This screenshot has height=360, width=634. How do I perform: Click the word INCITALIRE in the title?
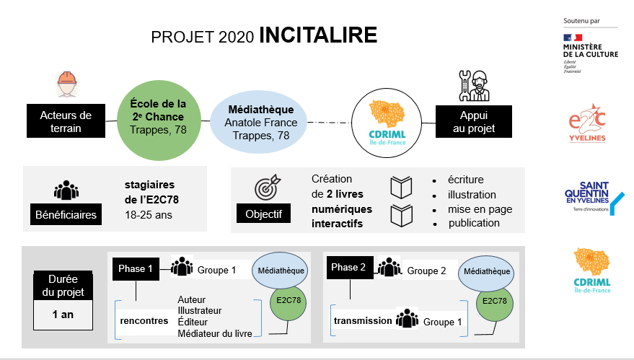click(317, 35)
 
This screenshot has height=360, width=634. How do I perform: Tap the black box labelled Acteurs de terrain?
click(66, 122)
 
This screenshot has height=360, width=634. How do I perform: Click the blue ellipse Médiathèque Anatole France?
click(261, 123)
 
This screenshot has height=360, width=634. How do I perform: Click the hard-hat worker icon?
click(66, 84)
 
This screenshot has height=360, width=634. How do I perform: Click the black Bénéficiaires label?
click(66, 214)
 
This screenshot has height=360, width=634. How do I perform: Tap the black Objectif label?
click(263, 214)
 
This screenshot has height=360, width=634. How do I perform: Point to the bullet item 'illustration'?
click(472, 194)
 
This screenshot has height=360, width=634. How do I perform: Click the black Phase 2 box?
click(349, 268)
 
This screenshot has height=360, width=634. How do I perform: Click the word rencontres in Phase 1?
click(144, 320)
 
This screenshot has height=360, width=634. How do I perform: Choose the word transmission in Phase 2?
click(363, 320)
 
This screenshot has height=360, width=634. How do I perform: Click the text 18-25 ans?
click(149, 214)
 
